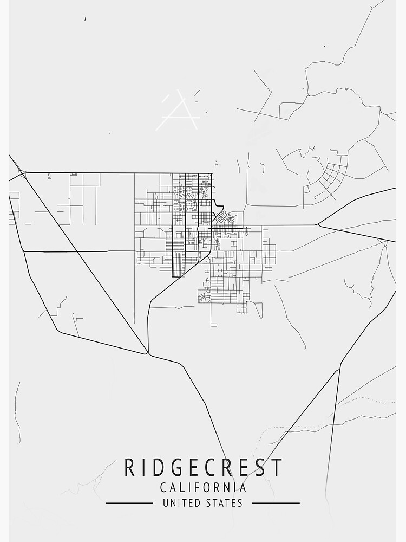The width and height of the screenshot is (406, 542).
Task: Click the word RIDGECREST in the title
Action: point(203,467)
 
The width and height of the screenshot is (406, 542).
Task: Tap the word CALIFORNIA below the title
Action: point(203,488)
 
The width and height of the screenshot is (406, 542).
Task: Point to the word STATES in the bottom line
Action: point(224,503)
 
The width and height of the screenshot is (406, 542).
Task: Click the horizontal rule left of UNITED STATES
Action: point(129,503)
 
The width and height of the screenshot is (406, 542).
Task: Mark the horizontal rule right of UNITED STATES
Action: point(276,503)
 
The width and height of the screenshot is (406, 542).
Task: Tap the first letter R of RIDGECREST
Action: point(129,467)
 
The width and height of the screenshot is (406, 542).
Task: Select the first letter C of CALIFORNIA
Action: point(163,488)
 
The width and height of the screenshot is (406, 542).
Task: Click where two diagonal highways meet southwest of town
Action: point(147,354)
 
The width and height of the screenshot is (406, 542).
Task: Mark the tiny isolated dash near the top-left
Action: point(85,19)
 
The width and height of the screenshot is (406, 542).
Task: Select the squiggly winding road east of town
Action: point(357,290)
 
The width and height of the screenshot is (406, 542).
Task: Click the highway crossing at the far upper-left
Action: point(22,173)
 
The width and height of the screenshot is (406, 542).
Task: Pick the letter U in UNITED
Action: point(165,503)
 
